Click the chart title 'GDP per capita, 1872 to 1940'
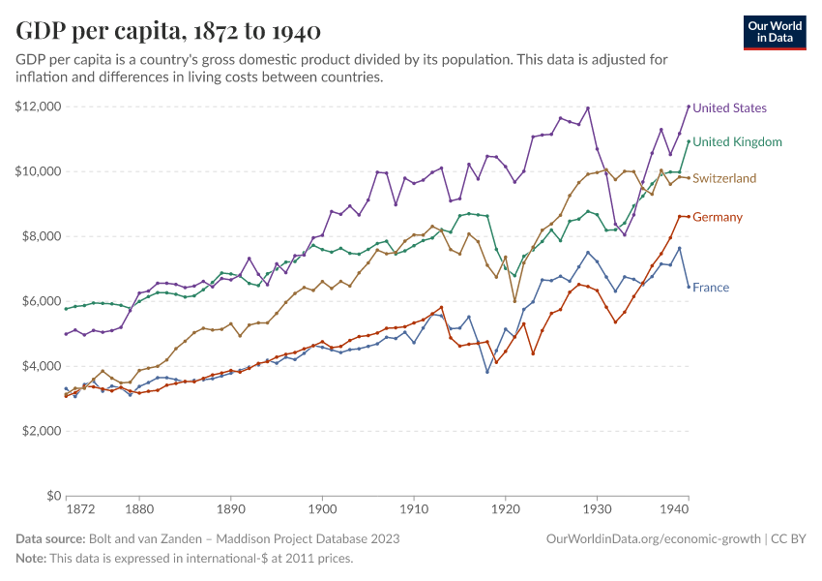(169, 31)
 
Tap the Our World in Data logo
(774, 32)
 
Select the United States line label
(730, 108)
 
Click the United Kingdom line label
(737, 142)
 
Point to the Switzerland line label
(724, 179)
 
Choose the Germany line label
(718, 217)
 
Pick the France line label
(711, 288)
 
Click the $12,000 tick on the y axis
(39, 107)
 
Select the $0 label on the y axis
(53, 496)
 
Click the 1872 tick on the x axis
(80, 508)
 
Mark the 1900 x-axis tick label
(322, 508)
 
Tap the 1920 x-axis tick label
(505, 508)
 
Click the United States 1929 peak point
(588, 107)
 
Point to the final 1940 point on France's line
(689, 287)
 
